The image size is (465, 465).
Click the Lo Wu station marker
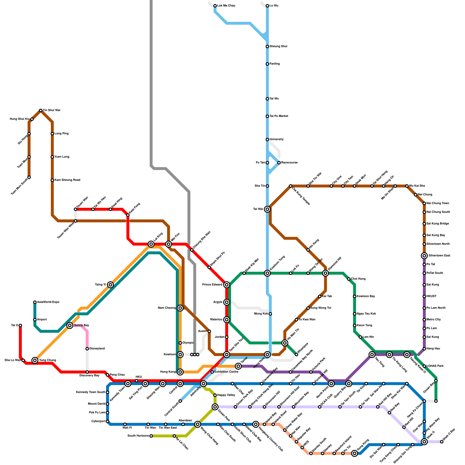click(267, 6)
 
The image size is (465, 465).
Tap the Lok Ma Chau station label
click(226, 6)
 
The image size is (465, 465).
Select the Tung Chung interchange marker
click(35, 360)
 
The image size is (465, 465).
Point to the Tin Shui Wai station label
click(51, 110)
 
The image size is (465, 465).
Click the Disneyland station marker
click(87, 349)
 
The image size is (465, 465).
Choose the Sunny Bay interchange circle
click(70, 325)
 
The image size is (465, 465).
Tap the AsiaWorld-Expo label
click(48, 302)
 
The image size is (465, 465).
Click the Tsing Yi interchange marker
click(110, 285)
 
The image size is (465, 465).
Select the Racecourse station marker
click(279, 163)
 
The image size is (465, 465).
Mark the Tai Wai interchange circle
click(267, 209)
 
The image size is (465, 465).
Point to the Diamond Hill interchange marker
click(325, 273)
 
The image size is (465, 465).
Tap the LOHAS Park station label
click(435, 366)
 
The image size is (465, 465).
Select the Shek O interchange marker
click(424, 442)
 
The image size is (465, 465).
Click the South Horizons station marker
click(151, 436)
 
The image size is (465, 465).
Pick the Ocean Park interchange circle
click(215, 407)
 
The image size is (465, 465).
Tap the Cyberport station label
click(98, 421)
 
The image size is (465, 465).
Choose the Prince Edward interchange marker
click(227, 285)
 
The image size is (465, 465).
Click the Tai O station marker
click(20, 325)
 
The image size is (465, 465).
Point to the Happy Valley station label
click(226, 395)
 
